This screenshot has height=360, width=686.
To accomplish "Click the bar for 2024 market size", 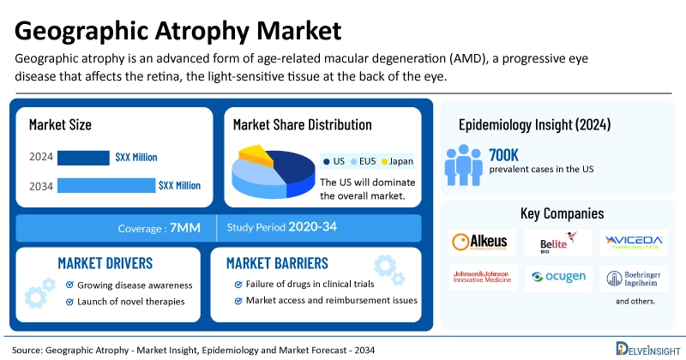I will coord(83,158).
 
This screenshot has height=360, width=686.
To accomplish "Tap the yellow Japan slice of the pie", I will coord(254,154).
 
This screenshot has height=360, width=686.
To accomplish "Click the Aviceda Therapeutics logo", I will coord(633,243).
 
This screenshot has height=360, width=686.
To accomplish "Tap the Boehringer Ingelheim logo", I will coord(633,278).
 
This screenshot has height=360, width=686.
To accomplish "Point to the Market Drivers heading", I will coord(105,262).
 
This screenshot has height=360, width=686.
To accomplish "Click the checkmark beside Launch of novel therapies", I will coord(70,301).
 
